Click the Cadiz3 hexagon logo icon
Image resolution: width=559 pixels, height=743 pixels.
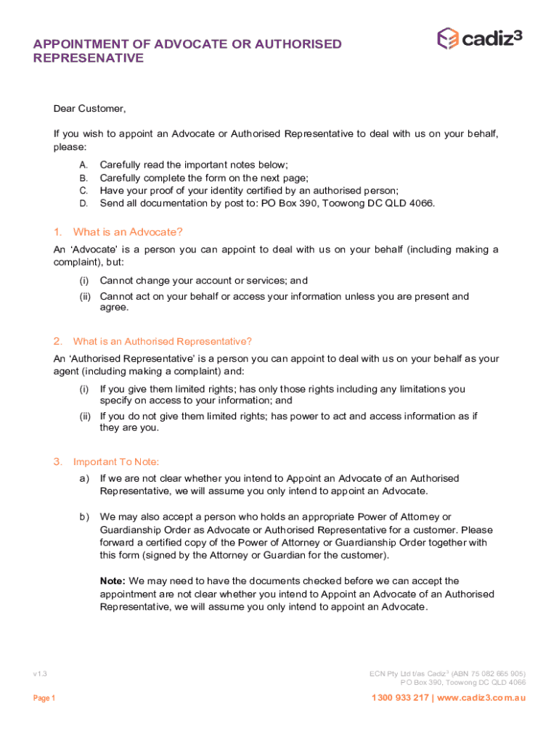[447, 38]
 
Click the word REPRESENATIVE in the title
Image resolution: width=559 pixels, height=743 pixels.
[89, 58]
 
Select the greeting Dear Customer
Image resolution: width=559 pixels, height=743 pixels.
[89, 109]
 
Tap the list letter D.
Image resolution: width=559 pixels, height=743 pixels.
[83, 203]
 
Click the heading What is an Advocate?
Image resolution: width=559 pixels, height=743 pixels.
[128, 232]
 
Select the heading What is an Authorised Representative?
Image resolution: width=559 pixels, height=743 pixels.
[162, 341]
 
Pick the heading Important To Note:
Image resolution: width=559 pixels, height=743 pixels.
[115, 461]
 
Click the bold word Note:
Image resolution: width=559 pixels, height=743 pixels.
[113, 580]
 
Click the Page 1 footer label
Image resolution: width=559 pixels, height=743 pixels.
[44, 698]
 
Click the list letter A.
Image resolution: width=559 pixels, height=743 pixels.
[83, 165]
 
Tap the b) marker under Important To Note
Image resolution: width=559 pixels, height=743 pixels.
[84, 517]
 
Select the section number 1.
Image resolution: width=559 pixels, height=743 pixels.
[57, 232]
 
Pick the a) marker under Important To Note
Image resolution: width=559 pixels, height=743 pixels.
[84, 478]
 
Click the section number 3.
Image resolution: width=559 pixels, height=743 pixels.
[57, 461]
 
